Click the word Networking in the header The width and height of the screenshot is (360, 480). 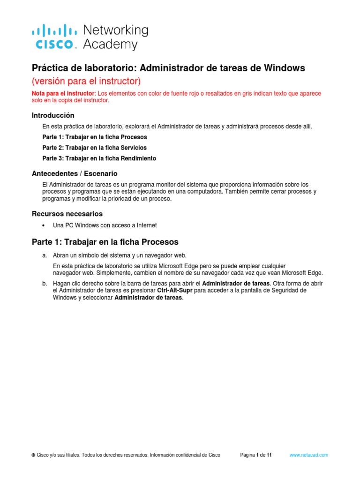[115, 30]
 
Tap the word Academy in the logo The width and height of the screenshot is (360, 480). [110, 45]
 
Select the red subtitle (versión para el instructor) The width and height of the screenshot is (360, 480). [86, 81]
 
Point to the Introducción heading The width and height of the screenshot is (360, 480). [52, 115]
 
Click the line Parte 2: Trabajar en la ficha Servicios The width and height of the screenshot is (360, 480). [94, 148]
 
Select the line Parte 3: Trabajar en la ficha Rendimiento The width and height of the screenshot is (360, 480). [99, 158]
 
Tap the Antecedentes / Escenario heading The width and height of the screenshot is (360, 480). [75, 173]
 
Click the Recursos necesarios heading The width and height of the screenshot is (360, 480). [67, 214]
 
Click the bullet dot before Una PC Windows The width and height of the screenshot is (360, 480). [44, 225]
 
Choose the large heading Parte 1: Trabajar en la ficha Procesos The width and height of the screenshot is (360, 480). [105, 242]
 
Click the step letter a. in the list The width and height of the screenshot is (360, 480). [45, 255]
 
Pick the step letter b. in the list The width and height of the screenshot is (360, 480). [45, 284]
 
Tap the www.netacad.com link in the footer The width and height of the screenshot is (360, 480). [308, 455]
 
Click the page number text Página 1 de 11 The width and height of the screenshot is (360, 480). [255, 455]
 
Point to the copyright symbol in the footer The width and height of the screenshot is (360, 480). [33, 455]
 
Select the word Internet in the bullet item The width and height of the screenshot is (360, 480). [146, 225]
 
